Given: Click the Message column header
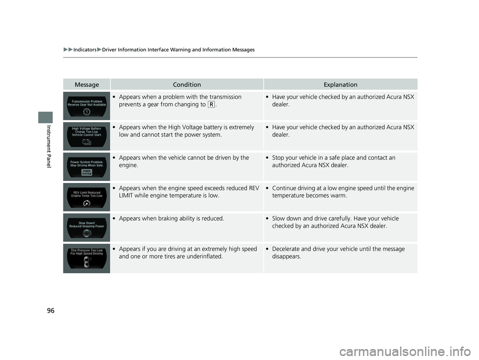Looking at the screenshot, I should pos(87,85).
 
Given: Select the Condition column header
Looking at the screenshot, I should pos(187,85).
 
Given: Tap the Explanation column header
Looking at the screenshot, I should pos(340,85).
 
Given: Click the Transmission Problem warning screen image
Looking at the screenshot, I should pos(87,105).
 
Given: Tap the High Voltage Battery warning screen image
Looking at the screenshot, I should pos(87,135).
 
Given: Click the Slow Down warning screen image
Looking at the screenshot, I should pos(87,227).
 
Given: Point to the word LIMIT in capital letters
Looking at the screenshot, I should pos(127,195).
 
